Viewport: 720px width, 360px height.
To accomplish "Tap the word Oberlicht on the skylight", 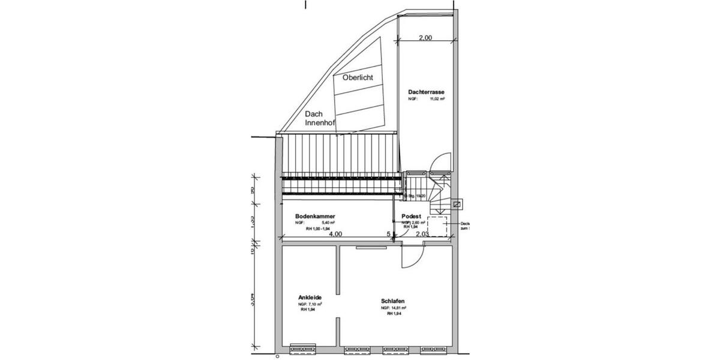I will tap(358, 78).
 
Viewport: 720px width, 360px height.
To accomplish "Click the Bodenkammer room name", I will tap(314, 216).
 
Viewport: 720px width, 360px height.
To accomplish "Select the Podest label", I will tap(411, 216).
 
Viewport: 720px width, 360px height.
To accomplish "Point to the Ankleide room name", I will tap(313, 298).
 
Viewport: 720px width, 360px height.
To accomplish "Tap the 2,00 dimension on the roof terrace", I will tap(424, 38).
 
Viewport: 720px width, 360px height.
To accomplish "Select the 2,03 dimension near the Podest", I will tap(423, 235).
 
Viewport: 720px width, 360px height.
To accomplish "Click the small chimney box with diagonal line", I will tap(457, 204).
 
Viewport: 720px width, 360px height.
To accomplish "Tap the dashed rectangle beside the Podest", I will tap(438, 227).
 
